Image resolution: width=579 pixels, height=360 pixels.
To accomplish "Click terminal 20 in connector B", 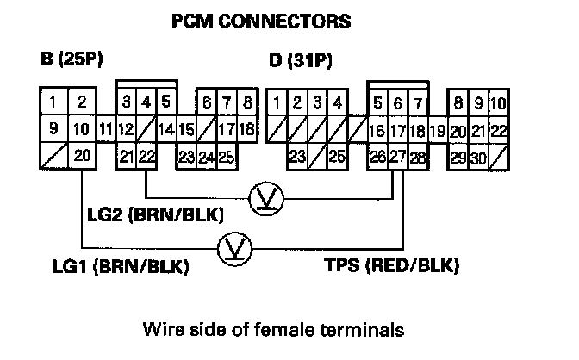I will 81,156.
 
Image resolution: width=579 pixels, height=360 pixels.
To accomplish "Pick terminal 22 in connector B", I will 146,156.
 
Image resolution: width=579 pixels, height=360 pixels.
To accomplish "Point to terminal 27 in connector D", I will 398,156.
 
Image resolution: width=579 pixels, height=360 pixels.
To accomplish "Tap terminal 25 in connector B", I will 227,156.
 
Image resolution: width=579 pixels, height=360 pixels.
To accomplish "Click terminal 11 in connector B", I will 105,130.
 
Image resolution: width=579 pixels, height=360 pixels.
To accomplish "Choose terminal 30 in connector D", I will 477,156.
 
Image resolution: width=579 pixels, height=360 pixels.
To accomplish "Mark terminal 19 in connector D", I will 437,130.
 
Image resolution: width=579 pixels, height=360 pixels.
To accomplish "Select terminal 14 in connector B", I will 166,130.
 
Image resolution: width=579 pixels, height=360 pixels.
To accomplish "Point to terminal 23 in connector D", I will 297,156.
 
